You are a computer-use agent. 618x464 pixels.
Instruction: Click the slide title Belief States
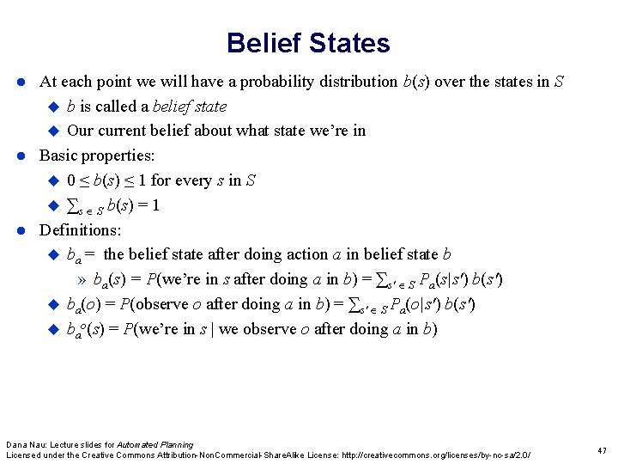(308, 43)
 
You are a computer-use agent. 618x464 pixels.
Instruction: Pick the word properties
(119, 156)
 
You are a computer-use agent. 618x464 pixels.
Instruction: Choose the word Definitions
(81, 229)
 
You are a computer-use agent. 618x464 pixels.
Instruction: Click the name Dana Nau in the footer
(26, 444)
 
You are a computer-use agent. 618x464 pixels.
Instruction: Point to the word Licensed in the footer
(25, 455)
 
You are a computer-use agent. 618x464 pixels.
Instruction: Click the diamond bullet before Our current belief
(51, 131)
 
